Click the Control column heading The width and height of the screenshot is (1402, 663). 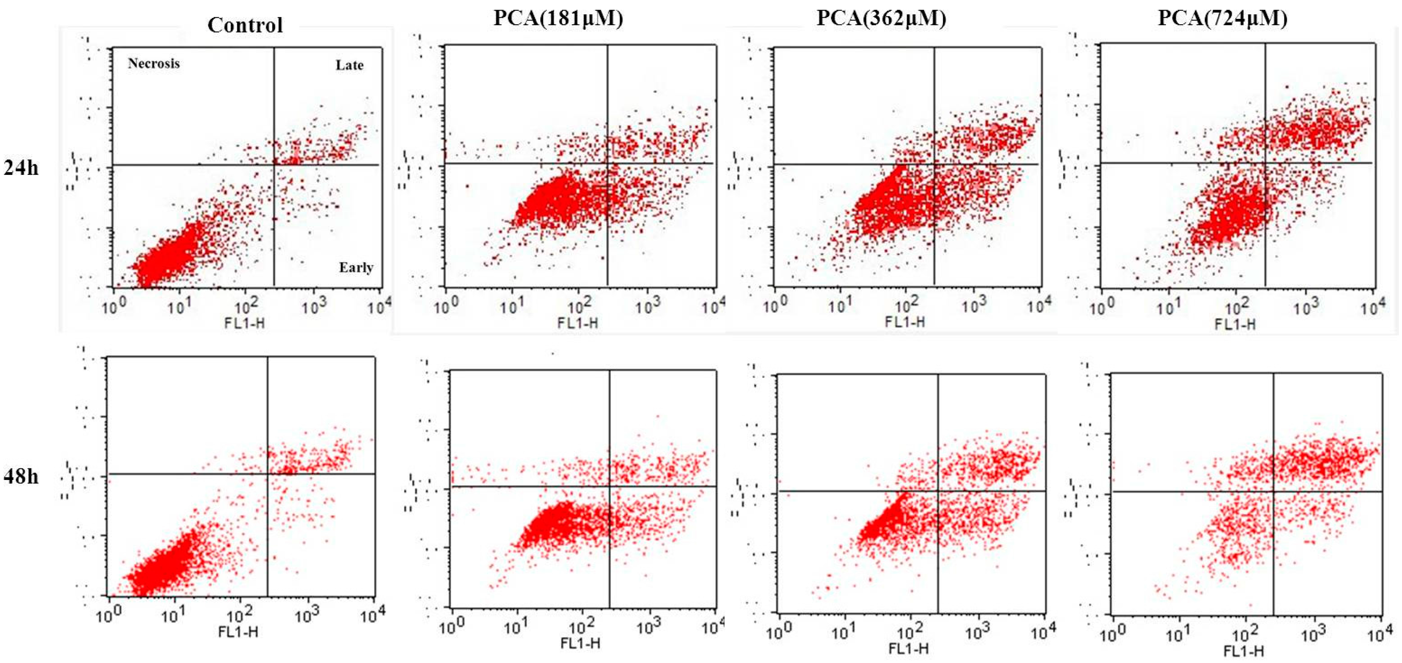(x=245, y=25)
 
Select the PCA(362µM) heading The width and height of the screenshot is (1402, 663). (x=881, y=18)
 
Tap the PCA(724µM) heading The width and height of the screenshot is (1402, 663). (x=1223, y=18)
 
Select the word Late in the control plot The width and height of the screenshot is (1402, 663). (x=349, y=65)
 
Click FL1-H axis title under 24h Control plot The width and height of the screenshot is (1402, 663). (x=244, y=323)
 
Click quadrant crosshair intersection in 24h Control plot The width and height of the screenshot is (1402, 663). (x=274, y=164)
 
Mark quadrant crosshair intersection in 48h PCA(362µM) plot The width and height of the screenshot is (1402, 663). (x=938, y=491)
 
